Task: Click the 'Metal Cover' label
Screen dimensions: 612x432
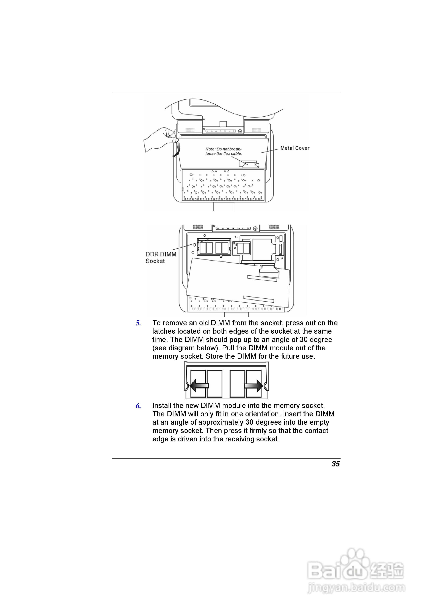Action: click(295, 148)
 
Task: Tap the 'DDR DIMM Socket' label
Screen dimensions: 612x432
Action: click(161, 257)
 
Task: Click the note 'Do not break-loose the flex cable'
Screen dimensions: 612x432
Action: click(224, 151)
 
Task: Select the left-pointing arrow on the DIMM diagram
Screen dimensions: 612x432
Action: click(199, 385)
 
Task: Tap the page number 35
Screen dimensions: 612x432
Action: click(335, 464)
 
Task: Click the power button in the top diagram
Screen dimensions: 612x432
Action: click(240, 131)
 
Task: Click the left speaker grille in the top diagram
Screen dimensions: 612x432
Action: click(190, 130)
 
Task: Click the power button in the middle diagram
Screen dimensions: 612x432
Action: click(255, 228)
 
